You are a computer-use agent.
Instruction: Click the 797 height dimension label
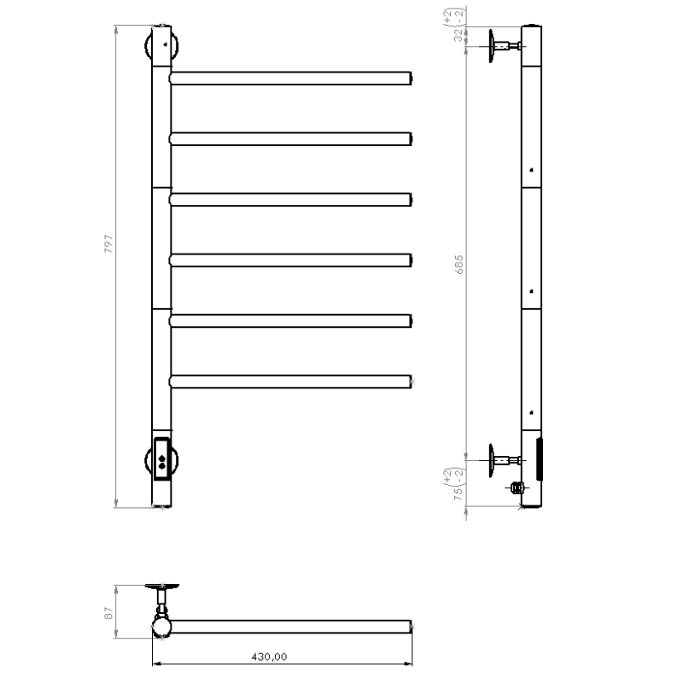click(108, 244)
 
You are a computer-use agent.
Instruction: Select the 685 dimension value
click(458, 265)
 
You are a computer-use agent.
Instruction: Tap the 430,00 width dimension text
click(269, 657)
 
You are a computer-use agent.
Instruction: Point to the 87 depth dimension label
click(108, 613)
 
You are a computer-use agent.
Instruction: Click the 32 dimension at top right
click(458, 35)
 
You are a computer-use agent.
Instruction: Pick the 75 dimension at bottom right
click(458, 493)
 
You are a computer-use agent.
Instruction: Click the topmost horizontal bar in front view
click(290, 79)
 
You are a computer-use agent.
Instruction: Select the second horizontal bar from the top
click(290, 139)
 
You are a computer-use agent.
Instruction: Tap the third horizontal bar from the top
click(290, 200)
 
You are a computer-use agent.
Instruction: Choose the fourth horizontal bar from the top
click(290, 260)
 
